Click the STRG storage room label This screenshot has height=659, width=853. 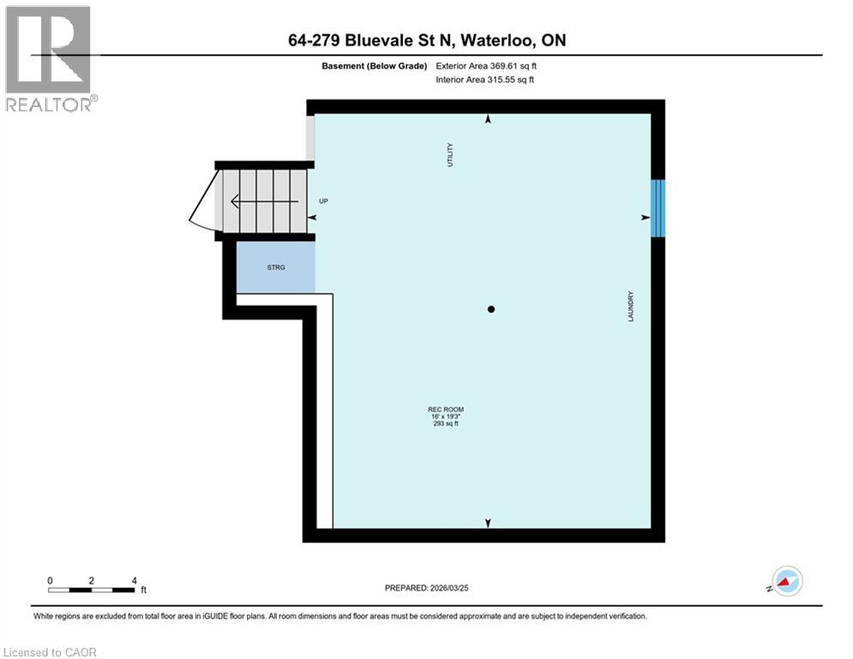click(x=275, y=268)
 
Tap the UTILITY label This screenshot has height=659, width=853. click(x=449, y=154)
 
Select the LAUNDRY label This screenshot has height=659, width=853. click(x=629, y=306)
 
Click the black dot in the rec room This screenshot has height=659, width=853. click(x=491, y=309)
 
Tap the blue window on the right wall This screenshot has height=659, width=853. click(x=658, y=208)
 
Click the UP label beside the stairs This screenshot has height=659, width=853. click(x=323, y=202)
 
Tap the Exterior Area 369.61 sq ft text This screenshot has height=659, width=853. click(x=487, y=65)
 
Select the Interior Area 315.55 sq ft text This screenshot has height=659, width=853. click(x=486, y=80)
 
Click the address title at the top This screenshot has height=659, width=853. click(x=426, y=40)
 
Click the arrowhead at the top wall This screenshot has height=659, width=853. click(x=489, y=121)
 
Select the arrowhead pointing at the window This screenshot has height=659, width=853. click(x=644, y=218)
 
